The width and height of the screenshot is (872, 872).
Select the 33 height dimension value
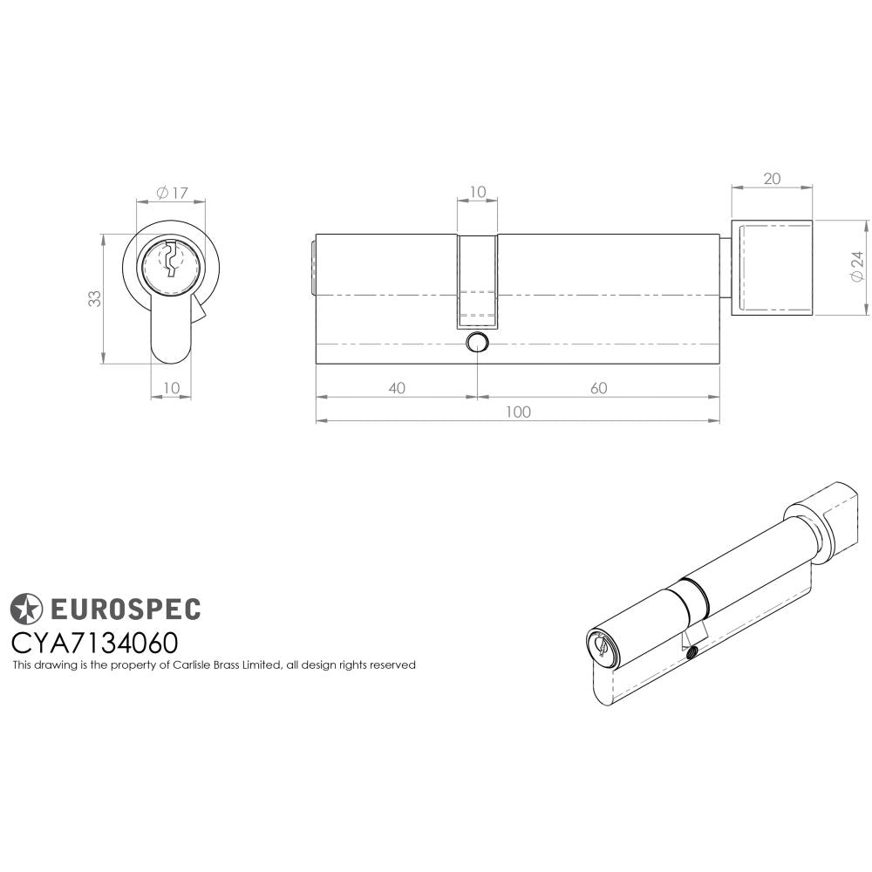point(94,298)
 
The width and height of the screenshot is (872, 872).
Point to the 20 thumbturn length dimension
point(772,179)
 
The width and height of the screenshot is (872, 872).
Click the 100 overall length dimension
point(517,412)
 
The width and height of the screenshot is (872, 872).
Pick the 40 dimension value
point(396,388)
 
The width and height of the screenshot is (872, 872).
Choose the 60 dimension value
point(598,388)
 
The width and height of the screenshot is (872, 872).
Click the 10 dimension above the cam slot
point(477,192)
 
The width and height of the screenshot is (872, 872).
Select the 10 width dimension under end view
point(171,386)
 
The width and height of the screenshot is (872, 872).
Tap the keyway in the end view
point(171,259)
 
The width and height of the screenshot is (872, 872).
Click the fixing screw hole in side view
point(477,341)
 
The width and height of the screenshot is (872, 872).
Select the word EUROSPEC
point(123,609)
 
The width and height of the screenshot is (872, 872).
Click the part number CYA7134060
point(94,643)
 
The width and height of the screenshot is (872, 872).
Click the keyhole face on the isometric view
point(601,646)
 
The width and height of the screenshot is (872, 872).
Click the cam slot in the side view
point(477,279)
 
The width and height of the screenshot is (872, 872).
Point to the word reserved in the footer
point(392,665)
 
